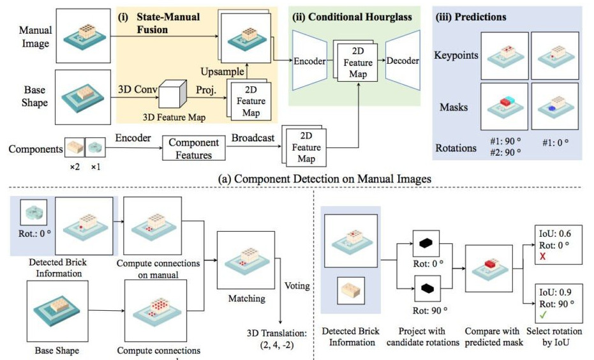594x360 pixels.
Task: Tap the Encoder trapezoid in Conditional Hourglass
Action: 309,61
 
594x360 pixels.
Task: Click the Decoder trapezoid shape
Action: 402,61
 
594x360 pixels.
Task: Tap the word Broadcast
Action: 253,138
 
